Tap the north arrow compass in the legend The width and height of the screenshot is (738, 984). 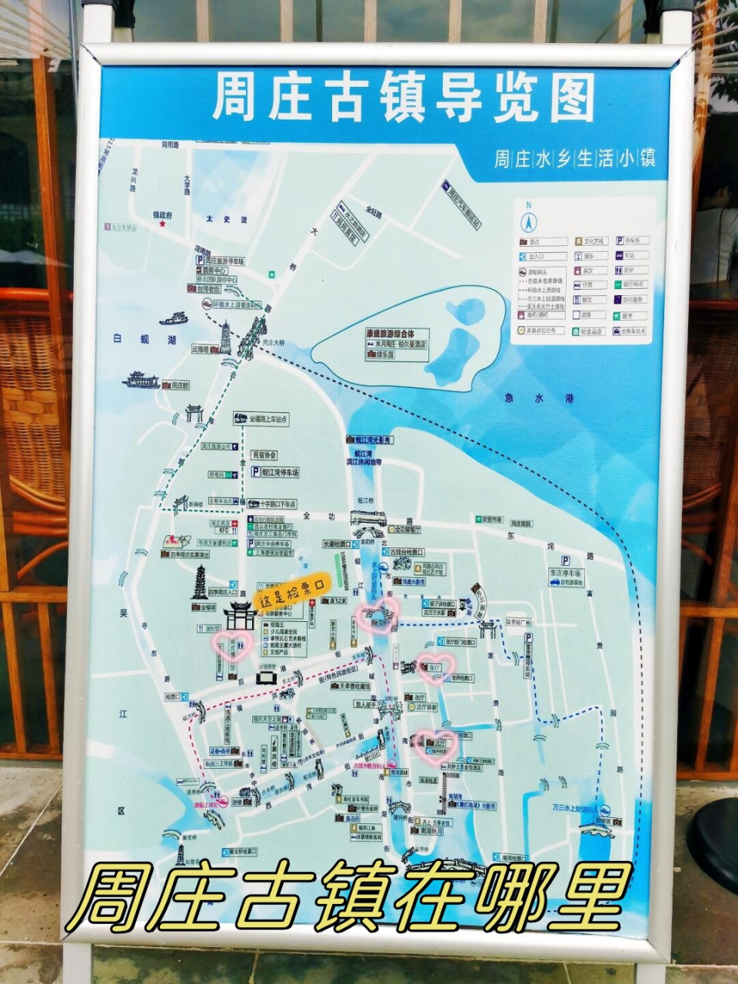pos(528,221)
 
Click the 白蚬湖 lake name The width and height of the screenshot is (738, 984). pos(133,338)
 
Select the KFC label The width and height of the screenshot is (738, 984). pos(224,530)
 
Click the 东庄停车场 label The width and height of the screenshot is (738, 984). pos(566,573)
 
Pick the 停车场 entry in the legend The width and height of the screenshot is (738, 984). pos(632,241)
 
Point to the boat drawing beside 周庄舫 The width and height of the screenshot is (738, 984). pos(140,380)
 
